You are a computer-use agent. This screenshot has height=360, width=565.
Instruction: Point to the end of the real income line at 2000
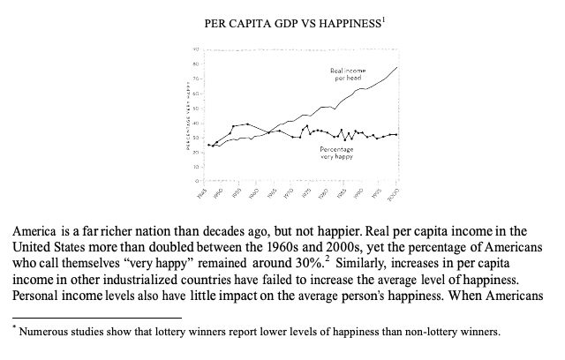pyautogui.click(x=397, y=67)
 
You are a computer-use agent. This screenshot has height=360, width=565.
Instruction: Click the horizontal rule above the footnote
pyautogui.click(x=97, y=315)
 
